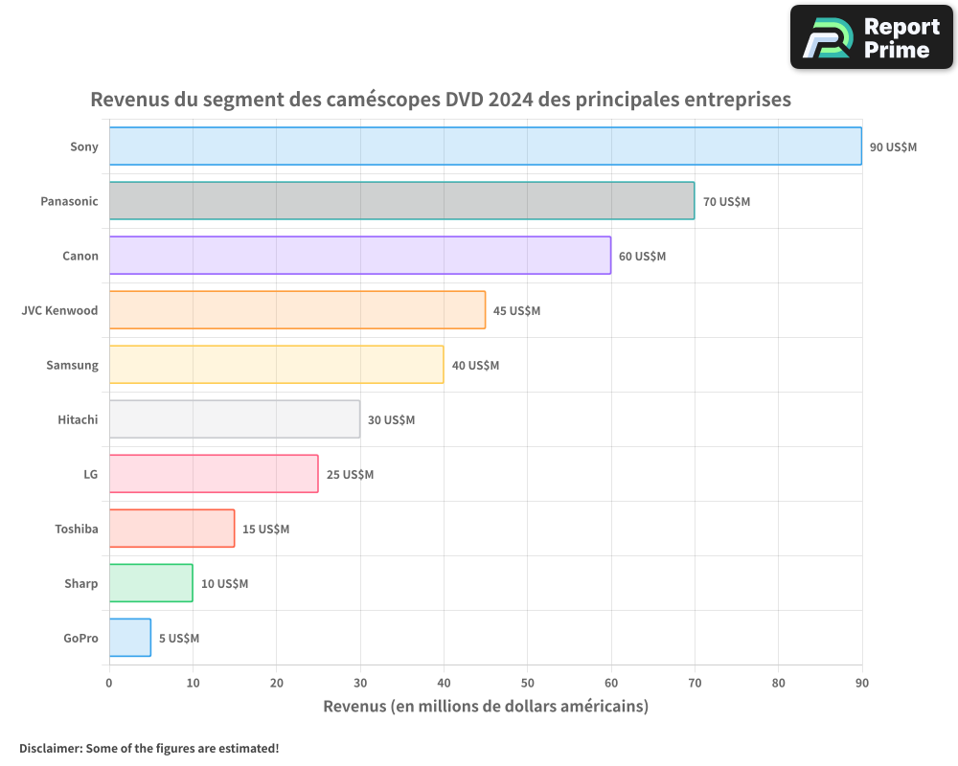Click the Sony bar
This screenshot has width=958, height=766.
point(485,146)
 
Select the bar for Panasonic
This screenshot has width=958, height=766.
point(401,201)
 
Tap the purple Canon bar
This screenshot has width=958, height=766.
point(359,256)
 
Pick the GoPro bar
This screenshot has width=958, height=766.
point(130,638)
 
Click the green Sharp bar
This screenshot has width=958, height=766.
point(150,583)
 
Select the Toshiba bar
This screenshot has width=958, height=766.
point(171,529)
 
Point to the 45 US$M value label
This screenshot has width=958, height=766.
point(516,311)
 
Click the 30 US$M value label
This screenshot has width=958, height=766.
point(391,420)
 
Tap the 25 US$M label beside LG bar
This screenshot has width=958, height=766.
point(350,475)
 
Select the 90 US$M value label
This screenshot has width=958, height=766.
point(893,147)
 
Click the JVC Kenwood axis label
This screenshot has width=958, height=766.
point(59,310)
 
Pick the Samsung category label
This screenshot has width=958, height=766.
point(72,365)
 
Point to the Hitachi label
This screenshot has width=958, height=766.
point(78,419)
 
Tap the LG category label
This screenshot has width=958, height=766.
point(91,474)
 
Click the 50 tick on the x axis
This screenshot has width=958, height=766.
point(527,684)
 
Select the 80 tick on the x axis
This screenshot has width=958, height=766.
point(778,684)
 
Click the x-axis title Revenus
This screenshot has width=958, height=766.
point(486,707)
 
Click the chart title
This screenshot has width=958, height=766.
point(441,100)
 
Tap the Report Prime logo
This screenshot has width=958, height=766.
point(871,37)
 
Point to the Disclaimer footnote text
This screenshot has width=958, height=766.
point(148,748)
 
